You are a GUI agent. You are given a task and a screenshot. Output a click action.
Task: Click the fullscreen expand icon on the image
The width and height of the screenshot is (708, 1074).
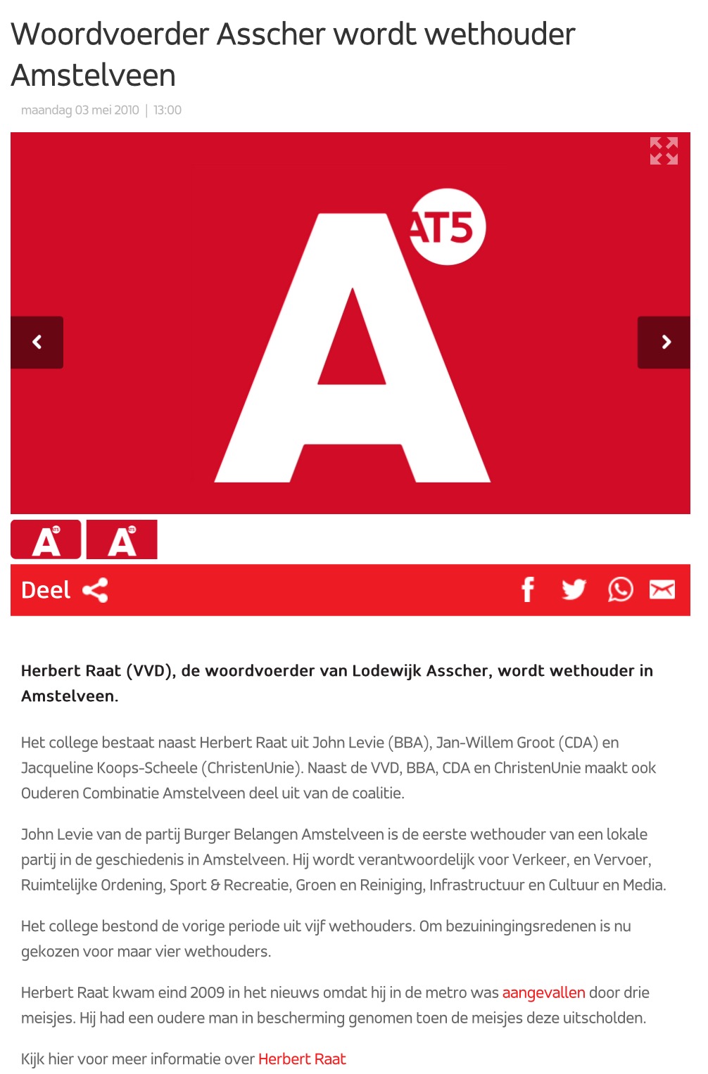pyautogui.click(x=664, y=151)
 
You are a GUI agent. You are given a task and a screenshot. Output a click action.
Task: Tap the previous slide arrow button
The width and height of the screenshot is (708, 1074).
pyautogui.click(x=37, y=343)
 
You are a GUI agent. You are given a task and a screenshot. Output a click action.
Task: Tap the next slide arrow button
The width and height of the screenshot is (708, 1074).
pyautogui.click(x=664, y=343)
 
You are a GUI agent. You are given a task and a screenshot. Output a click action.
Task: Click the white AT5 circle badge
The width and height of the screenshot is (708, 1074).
pyautogui.click(x=448, y=227)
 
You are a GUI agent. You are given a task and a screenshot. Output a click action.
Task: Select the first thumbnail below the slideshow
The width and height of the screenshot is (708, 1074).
pyautogui.click(x=46, y=539)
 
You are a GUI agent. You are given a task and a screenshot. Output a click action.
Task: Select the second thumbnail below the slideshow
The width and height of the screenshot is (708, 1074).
pyautogui.click(x=122, y=539)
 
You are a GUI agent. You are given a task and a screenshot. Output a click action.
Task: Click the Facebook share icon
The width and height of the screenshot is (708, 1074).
pyautogui.click(x=528, y=589)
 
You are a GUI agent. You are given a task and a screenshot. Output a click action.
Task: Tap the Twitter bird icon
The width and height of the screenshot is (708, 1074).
pyautogui.click(x=574, y=589)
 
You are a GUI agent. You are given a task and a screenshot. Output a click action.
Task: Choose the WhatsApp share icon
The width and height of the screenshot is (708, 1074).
pyautogui.click(x=620, y=589)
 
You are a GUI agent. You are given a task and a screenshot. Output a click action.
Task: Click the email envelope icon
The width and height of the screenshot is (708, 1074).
pyautogui.click(x=662, y=589)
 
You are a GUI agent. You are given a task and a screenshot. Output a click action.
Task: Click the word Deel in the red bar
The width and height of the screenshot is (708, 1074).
pyautogui.click(x=46, y=590)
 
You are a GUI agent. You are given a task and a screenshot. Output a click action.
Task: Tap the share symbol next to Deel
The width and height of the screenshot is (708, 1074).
pyautogui.click(x=96, y=590)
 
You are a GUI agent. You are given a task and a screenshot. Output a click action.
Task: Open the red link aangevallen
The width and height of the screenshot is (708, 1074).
pyautogui.click(x=543, y=992)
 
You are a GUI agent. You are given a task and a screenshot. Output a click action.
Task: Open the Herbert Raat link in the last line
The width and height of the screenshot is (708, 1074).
pyautogui.click(x=302, y=1059)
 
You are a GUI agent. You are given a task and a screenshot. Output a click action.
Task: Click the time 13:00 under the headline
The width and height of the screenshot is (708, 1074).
pyautogui.click(x=167, y=110)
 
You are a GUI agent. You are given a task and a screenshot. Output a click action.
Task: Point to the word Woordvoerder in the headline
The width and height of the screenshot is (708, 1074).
pyautogui.click(x=110, y=34)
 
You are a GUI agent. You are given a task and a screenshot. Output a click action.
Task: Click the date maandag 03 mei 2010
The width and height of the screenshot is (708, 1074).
pyautogui.click(x=80, y=110)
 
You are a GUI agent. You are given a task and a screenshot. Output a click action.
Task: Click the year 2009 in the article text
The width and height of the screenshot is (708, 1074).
pyautogui.click(x=208, y=992)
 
